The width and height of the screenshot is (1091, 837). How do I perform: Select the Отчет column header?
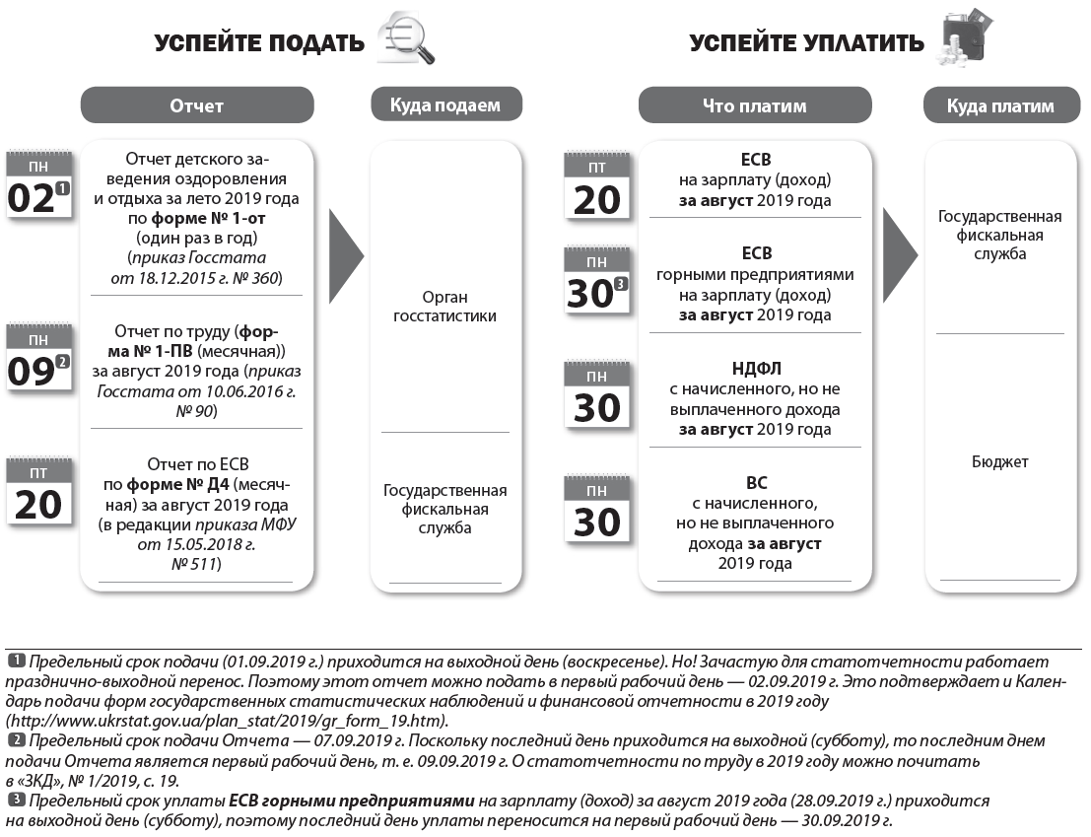coord(197,105)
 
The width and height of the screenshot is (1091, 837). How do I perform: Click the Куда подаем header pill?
coord(445,105)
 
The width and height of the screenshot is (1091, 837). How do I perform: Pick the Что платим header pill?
coord(755,105)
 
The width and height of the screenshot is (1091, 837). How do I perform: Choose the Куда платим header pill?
coord(1000,105)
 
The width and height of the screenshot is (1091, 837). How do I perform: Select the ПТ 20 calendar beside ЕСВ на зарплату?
coord(597,187)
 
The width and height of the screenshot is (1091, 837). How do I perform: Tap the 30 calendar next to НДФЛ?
coord(597,396)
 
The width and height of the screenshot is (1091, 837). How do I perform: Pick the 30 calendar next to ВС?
coord(597,511)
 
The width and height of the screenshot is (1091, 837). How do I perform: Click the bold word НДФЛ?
coord(756,368)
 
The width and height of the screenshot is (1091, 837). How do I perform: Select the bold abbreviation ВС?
coord(756,483)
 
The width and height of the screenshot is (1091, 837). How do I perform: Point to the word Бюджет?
coord(999,461)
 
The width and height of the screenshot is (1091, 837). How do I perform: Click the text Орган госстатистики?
coord(445,307)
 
